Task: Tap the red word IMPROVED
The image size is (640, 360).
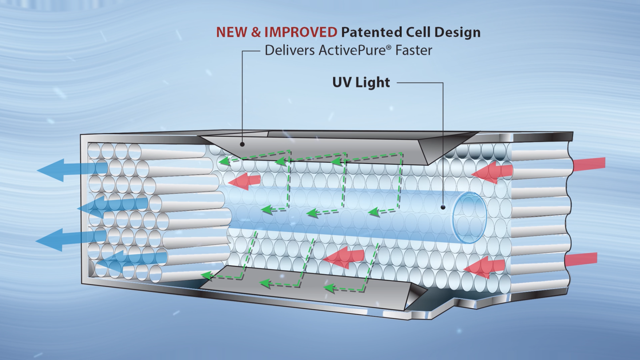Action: (x=301, y=32)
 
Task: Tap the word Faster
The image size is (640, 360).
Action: (x=414, y=50)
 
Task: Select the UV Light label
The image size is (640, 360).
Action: (x=361, y=82)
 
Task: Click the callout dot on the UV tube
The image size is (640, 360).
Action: (x=443, y=207)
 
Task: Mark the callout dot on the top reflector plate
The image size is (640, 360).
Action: (x=242, y=144)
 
